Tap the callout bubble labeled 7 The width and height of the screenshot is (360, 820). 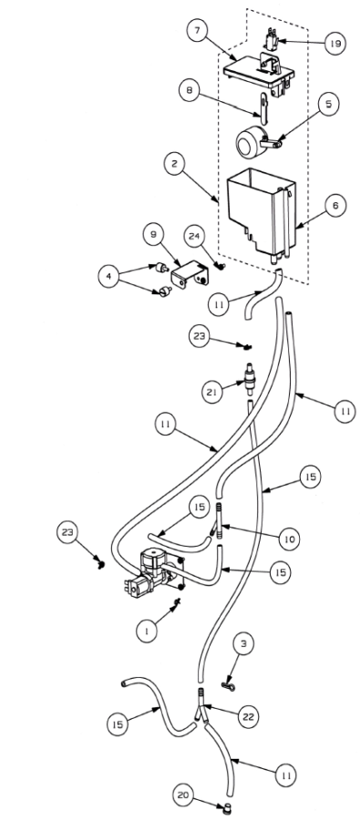pos(197,30)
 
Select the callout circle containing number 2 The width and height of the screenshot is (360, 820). pos(174,164)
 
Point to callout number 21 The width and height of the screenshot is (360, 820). pos(212,391)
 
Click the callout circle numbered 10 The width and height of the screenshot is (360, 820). pos(289,538)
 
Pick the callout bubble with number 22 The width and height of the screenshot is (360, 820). pos(248,715)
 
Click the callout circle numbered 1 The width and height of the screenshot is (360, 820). pos(147,631)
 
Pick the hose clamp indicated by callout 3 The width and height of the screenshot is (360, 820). pos(227,685)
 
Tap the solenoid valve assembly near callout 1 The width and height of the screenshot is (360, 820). pos(153,574)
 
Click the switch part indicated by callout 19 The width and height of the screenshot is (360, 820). pos(271,38)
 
